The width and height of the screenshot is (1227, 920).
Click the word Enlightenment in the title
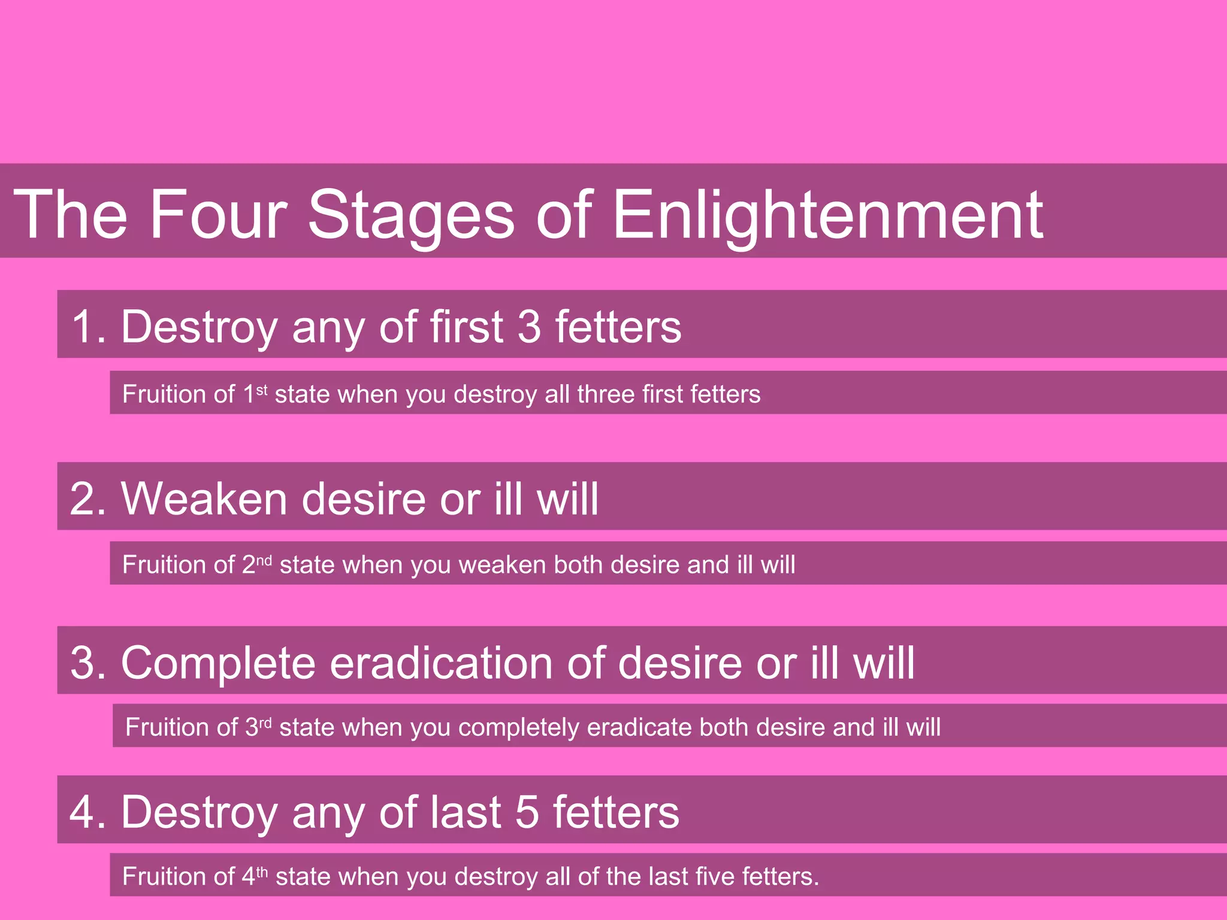(x=827, y=214)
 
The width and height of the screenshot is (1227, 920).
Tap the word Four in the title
(x=218, y=214)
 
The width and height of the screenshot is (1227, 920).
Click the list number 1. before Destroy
(x=89, y=327)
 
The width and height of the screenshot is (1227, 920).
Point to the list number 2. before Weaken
(x=88, y=499)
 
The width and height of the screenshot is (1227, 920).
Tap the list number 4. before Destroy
(x=88, y=813)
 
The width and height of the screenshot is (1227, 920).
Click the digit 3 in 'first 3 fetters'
(x=529, y=327)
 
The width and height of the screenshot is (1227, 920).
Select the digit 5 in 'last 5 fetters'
(x=527, y=813)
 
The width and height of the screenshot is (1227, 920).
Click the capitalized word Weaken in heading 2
(x=204, y=499)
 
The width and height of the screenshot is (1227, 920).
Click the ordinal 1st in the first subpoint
(x=255, y=394)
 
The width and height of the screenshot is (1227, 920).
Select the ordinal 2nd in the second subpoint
(x=257, y=564)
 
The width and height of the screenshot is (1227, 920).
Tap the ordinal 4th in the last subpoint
(x=255, y=876)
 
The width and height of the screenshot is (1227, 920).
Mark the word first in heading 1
(x=466, y=327)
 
